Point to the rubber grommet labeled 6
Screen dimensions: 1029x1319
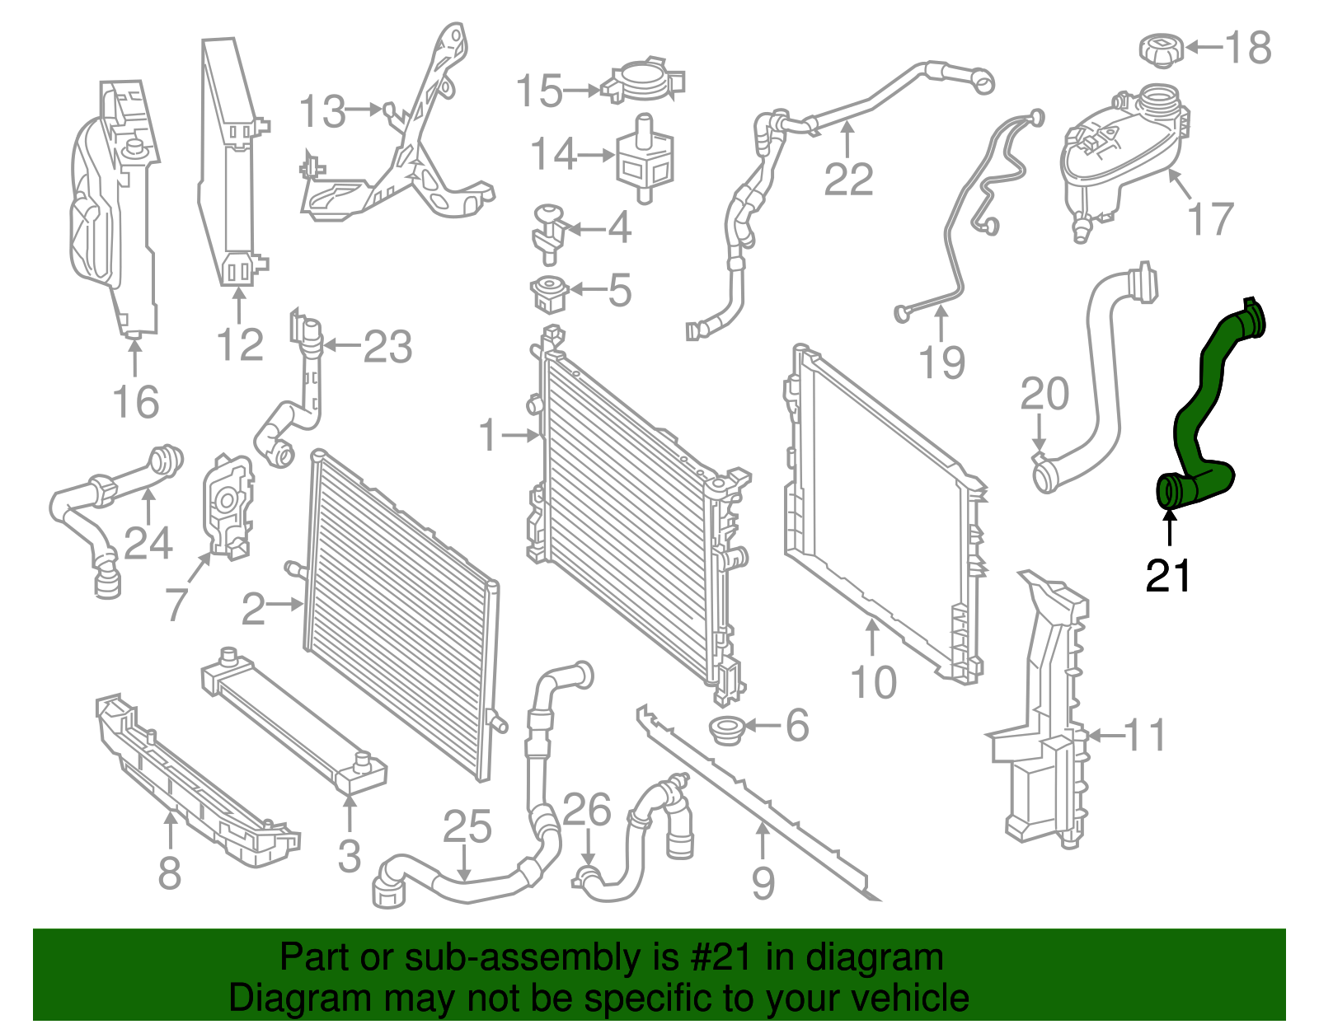727,729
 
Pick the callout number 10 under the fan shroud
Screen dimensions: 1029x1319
873,683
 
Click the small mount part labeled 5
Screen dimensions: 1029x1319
547,294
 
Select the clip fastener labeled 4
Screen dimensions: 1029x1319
546,229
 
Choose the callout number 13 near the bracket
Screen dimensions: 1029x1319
322,111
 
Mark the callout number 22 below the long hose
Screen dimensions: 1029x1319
848,179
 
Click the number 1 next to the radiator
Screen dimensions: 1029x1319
489,435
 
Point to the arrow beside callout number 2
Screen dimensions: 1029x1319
286,605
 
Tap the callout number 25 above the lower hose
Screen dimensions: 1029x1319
467,827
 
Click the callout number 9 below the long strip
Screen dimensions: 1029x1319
763,882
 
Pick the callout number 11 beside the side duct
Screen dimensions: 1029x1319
1145,735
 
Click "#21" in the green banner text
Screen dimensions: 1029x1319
720,957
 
